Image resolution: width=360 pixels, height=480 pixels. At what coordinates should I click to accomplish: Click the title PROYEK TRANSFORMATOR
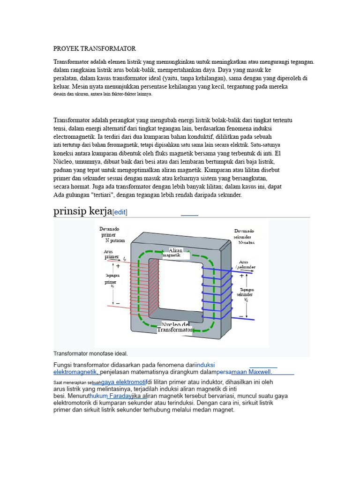(95, 48)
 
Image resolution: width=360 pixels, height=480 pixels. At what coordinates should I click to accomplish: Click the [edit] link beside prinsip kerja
(120, 212)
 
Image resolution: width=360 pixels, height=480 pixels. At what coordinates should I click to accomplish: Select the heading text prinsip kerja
(83, 211)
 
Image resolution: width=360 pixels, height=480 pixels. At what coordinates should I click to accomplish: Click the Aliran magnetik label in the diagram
(176, 253)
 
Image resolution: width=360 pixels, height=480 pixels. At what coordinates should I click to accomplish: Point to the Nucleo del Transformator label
(175, 327)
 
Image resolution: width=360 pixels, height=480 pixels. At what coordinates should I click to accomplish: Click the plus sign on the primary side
(118, 266)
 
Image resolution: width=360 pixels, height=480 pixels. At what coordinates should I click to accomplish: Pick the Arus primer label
(112, 254)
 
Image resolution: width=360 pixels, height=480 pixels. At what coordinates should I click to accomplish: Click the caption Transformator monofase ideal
(90, 353)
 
